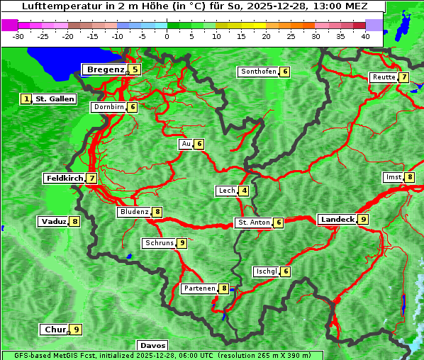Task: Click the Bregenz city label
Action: [105, 69]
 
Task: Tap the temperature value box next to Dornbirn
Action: [132, 107]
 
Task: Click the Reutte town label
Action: [384, 77]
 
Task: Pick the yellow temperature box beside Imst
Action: [410, 177]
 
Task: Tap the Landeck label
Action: [337, 220]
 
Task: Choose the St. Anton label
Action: [253, 223]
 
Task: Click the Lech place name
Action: [226, 191]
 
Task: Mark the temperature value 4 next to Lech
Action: [244, 191]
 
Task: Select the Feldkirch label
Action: [65, 179]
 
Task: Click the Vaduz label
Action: [53, 222]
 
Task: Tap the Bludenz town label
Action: [134, 212]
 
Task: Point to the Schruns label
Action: [159, 243]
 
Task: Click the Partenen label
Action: [199, 288]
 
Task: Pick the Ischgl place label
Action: [267, 271]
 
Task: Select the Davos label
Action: [152, 346]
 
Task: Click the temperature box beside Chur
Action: [76, 330]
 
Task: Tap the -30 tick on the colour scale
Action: [18, 35]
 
